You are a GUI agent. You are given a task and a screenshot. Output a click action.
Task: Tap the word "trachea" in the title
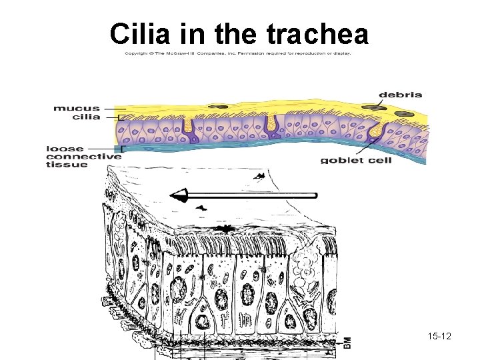[317, 33]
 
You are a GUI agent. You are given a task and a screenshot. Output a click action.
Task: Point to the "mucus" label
[77, 107]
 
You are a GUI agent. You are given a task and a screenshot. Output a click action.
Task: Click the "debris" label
[400, 95]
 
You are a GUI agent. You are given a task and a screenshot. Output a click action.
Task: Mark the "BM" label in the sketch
[347, 341]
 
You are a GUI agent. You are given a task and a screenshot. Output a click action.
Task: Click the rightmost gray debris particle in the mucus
[402, 114]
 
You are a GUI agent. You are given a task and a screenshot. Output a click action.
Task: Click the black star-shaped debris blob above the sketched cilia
[227, 229]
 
